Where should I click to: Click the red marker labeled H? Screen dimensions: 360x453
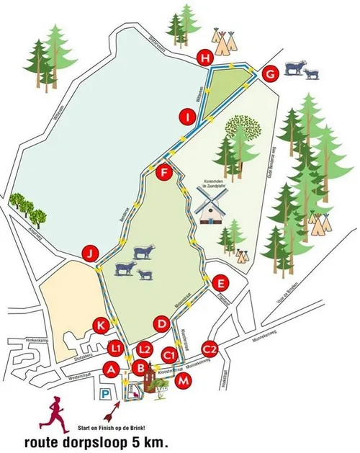[207, 58]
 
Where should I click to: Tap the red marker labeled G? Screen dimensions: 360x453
[269, 73]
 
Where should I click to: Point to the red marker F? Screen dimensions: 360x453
[165, 173]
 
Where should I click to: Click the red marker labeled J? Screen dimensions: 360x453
[89, 253]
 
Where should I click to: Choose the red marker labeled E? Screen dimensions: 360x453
[221, 282]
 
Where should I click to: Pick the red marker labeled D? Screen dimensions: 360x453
[163, 325]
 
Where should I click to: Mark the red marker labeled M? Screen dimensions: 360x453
[184, 380]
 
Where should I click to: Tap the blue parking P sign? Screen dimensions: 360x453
[106, 393]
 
